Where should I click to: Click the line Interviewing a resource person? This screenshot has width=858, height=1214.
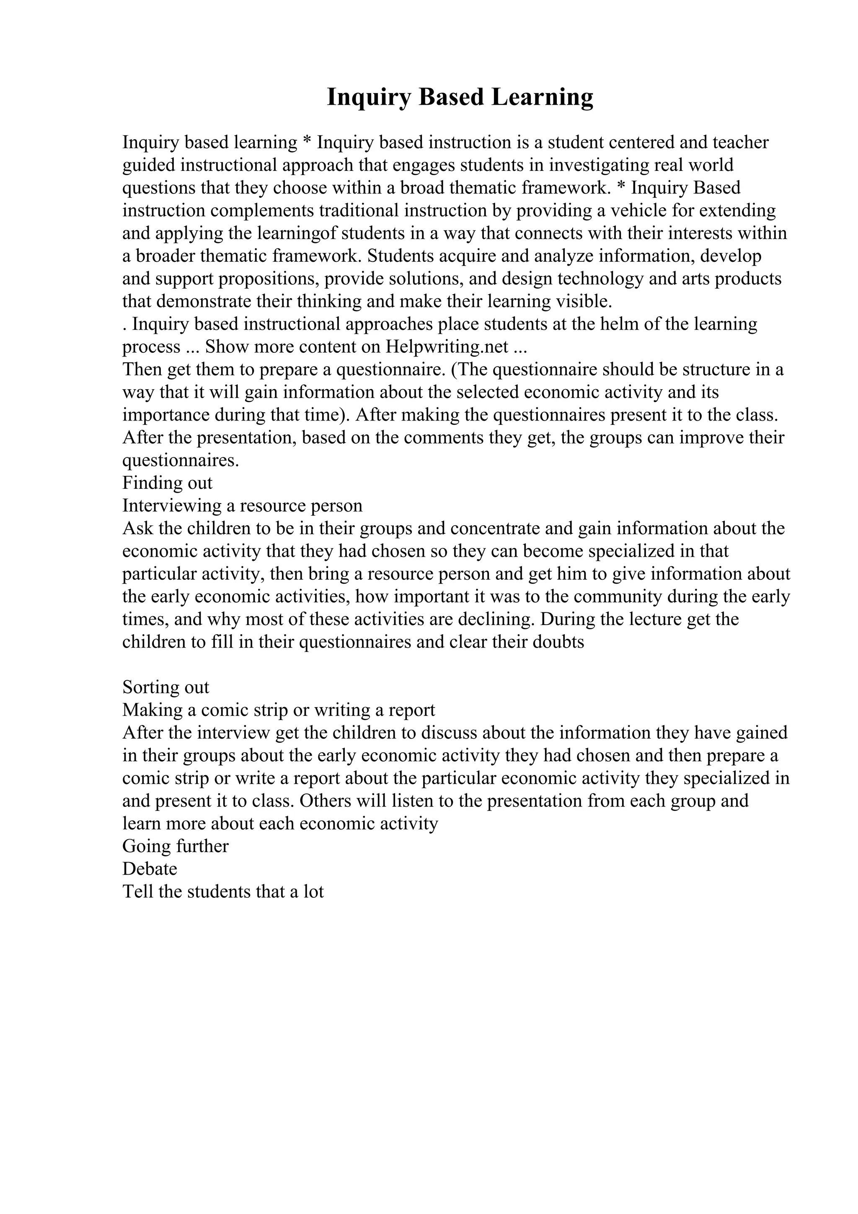(242, 506)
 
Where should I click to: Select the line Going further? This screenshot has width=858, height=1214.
(175, 846)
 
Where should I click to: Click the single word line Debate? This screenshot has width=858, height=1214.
(150, 869)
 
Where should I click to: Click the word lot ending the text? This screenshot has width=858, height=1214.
(313, 891)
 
